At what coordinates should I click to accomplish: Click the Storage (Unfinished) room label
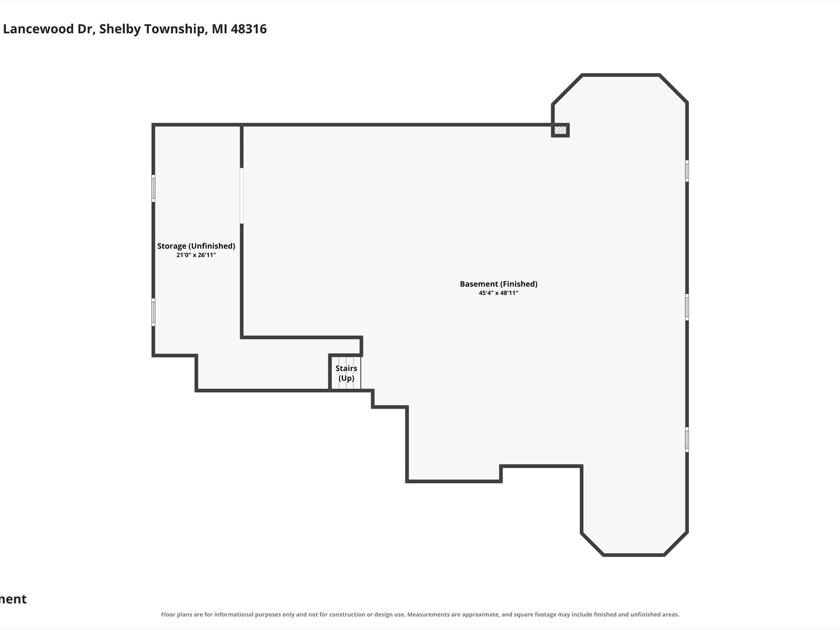(196, 246)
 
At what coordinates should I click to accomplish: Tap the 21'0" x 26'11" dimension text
(196, 255)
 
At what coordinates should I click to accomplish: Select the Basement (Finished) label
(498, 284)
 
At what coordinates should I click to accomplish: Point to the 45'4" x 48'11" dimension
(498, 293)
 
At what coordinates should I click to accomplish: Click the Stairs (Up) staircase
(346, 373)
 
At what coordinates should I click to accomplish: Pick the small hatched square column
(560, 130)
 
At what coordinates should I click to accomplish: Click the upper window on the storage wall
(153, 188)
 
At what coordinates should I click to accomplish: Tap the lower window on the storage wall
(153, 312)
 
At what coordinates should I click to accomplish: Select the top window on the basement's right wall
(687, 171)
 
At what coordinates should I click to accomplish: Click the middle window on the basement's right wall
(687, 307)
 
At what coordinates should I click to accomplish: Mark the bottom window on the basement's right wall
(687, 440)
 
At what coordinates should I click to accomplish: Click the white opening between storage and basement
(242, 196)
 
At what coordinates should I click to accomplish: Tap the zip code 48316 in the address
(249, 29)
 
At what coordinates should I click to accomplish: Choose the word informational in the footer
(233, 614)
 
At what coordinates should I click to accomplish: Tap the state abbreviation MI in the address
(219, 29)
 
